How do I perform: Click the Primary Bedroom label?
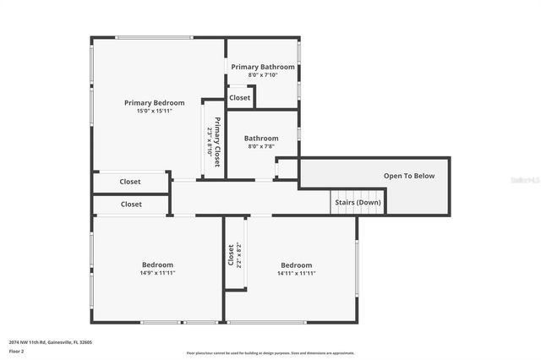click(x=154, y=103)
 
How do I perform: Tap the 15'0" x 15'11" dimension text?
click(x=154, y=111)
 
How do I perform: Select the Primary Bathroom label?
click(x=263, y=67)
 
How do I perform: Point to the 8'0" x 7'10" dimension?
click(x=263, y=74)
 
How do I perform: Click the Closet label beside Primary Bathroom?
click(x=240, y=97)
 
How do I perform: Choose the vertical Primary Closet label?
click(x=217, y=142)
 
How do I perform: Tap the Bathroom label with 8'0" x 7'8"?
click(x=262, y=138)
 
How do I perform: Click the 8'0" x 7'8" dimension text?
click(x=262, y=145)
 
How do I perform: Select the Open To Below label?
click(x=409, y=176)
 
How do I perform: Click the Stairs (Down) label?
click(x=357, y=202)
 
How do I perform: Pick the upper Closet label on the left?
click(x=130, y=182)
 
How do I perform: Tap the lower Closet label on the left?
click(x=131, y=204)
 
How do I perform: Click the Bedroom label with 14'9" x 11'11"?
click(x=157, y=265)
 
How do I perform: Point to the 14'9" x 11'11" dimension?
click(x=157, y=273)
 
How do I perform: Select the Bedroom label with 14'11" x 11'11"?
click(x=296, y=265)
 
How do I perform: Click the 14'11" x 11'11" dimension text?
click(x=296, y=273)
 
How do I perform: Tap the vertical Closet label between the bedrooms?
click(x=231, y=255)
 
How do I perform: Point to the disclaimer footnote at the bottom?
click(x=270, y=352)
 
